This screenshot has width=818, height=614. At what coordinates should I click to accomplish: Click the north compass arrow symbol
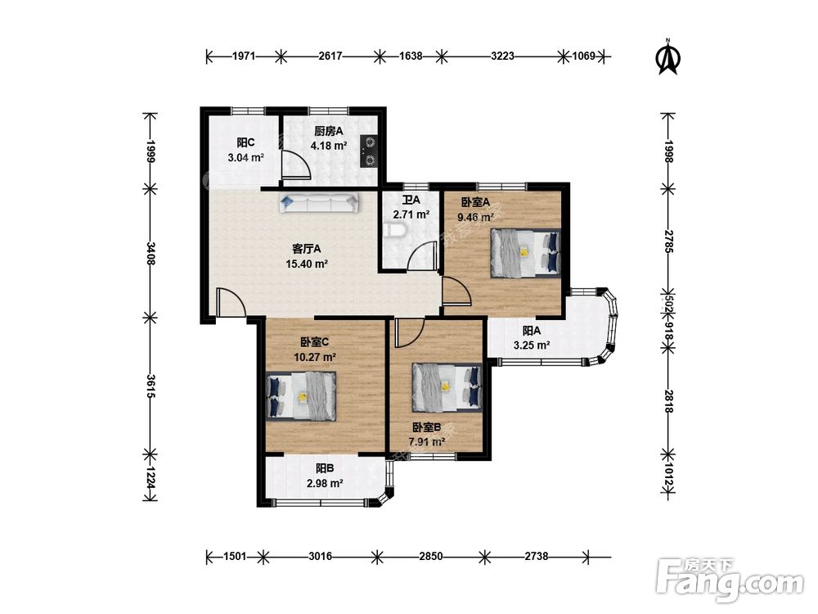[667, 56]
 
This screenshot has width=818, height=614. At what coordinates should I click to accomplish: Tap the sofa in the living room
[319, 203]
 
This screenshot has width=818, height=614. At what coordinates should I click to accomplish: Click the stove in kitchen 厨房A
[369, 151]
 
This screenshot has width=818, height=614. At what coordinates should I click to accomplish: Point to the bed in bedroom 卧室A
[525, 253]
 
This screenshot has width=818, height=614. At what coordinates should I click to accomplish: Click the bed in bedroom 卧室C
[301, 395]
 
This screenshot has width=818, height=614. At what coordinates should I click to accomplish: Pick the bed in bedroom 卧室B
[447, 387]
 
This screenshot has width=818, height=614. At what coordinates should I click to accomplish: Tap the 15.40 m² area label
[307, 264]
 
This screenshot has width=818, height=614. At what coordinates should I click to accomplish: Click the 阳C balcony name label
[245, 142]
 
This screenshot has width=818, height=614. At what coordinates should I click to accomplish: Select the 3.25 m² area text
[532, 345]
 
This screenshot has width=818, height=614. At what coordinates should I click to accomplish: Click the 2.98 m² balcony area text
[325, 484]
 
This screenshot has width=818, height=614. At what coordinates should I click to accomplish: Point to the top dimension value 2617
[330, 56]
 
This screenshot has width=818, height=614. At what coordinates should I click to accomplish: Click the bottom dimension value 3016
[321, 557]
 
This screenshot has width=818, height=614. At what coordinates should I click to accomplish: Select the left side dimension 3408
[151, 253]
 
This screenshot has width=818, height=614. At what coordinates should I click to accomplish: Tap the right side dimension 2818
[668, 400]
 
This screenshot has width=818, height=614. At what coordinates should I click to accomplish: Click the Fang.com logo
[730, 579]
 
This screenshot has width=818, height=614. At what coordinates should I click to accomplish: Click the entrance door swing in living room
[231, 302]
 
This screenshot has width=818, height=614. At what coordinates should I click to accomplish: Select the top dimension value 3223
[502, 56]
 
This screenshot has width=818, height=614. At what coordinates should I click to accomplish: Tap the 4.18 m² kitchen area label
[329, 146]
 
